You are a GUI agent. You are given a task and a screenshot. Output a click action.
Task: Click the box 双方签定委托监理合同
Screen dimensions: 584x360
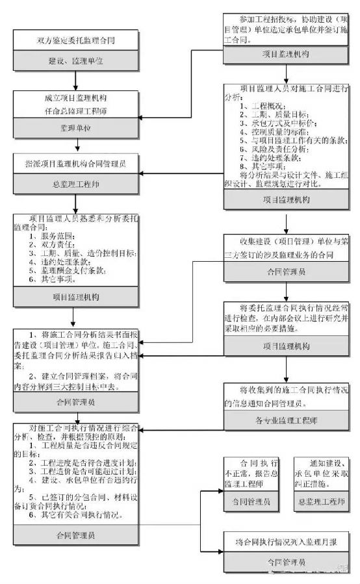tap(76, 40)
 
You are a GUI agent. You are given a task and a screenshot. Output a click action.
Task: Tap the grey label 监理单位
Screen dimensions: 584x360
tap(76, 127)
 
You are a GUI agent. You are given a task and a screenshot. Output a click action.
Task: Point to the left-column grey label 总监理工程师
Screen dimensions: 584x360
tap(76, 184)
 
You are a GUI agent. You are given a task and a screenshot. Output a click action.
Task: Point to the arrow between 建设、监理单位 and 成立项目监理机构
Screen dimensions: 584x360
tap(76, 80)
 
